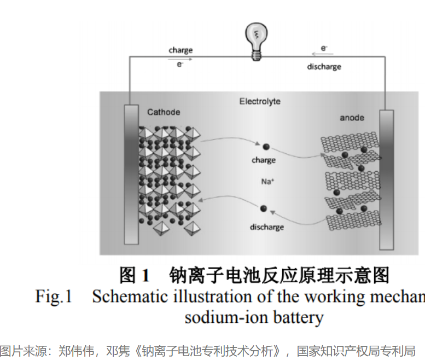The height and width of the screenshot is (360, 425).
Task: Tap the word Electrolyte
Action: tap(260, 101)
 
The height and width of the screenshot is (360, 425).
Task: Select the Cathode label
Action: tap(163, 112)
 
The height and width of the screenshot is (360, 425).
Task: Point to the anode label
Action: tap(351, 118)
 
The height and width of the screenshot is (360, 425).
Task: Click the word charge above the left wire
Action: tap(181, 50)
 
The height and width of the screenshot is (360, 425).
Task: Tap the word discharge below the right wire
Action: tap(324, 67)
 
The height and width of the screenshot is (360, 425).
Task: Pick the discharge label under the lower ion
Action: tap(266, 227)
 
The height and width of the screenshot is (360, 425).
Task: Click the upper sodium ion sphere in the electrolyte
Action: tap(266, 147)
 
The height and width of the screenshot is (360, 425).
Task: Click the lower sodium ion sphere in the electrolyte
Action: tap(264, 208)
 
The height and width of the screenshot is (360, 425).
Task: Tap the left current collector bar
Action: tap(131, 174)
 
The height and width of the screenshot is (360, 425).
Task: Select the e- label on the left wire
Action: tap(179, 65)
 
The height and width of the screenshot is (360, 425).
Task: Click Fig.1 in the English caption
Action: tap(54, 297)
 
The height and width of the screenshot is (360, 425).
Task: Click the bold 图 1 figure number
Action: tap(135, 275)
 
